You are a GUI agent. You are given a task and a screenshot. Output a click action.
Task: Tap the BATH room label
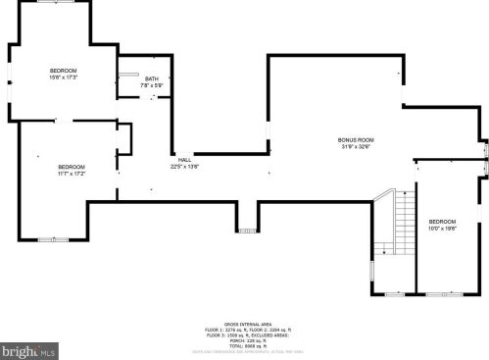pos(152,78)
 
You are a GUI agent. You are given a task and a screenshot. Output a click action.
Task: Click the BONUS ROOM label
pos(355,140)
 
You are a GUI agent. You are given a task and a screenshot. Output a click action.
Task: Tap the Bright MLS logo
pos(29,349)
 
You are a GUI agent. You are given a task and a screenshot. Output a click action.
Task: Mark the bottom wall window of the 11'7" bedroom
pos(46,238)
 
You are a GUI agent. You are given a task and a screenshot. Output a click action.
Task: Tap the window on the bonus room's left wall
pos(268,136)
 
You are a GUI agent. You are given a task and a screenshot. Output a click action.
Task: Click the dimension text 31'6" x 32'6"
pos(355,147)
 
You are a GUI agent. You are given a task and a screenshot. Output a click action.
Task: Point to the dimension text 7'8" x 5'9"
pos(152,85)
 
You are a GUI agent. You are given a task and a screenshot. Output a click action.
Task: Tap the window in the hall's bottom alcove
pos(245,231)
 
